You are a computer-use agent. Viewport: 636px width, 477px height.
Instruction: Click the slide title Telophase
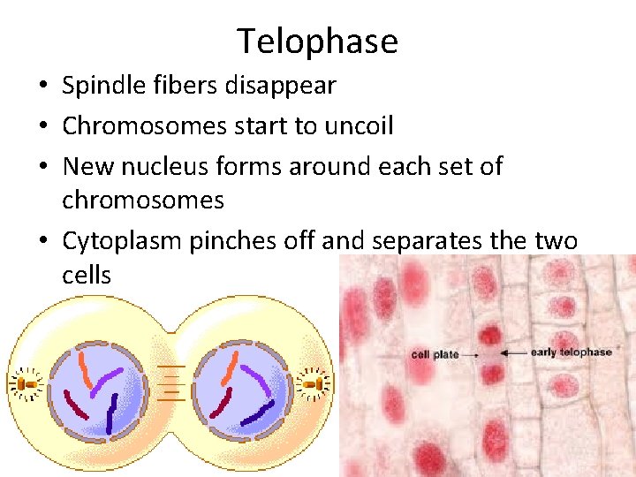317,41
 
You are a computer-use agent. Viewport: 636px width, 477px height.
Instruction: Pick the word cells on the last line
87,275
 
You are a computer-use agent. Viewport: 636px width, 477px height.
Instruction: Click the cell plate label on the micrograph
435,355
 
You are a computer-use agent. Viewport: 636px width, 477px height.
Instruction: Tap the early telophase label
571,352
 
